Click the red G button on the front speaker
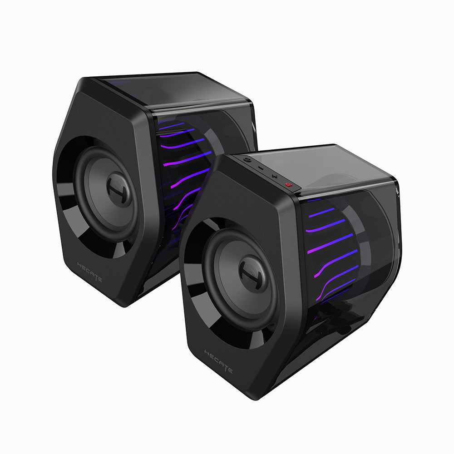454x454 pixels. point(287,184)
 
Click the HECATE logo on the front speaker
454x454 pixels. point(218,361)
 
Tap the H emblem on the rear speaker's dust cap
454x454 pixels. point(119,191)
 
